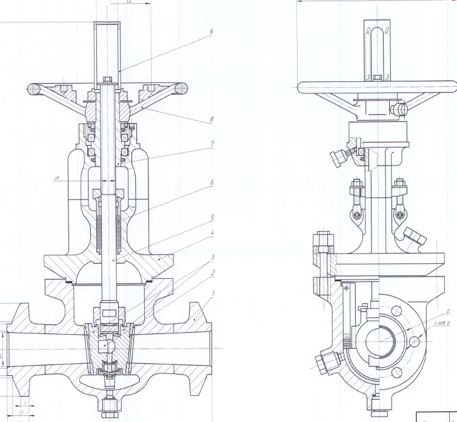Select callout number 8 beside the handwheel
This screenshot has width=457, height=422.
pyautogui.click(x=211, y=119)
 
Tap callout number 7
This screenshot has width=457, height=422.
pyautogui.click(x=211, y=146)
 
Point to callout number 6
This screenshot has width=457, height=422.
pyautogui.click(x=211, y=182)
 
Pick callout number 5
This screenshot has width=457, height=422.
pyautogui.click(x=211, y=216)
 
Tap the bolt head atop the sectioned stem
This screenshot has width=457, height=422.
pyautogui.click(x=107, y=79)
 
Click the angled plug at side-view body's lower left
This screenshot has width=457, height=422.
pyautogui.click(x=321, y=361)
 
